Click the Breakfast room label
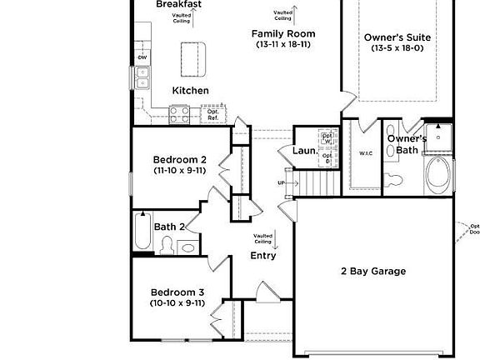pyautogui.click(x=179, y=4)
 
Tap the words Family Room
pyautogui.click(x=284, y=33)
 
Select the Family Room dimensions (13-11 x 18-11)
pyautogui.click(x=284, y=44)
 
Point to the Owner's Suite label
pyautogui.click(x=397, y=37)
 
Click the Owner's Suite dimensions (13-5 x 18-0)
pyautogui.click(x=397, y=48)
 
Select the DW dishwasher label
pyautogui.click(x=142, y=57)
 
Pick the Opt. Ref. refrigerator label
pyautogui.click(x=212, y=114)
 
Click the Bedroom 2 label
pyautogui.click(x=179, y=159)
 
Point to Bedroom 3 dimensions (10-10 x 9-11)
pyautogui.click(x=177, y=303)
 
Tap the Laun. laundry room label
pyautogui.click(x=302, y=151)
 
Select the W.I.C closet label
pyautogui.click(x=366, y=153)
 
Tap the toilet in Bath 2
pyautogui.click(x=167, y=244)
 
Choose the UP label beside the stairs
pyautogui.click(x=282, y=183)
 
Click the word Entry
pyautogui.click(x=263, y=256)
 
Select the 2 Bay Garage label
pyautogui.click(x=372, y=271)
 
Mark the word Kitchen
pyautogui.click(x=191, y=90)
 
